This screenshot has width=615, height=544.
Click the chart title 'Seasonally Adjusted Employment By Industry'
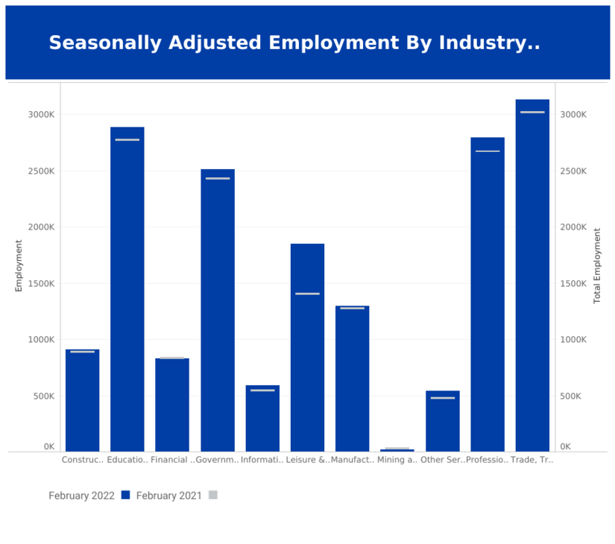294,43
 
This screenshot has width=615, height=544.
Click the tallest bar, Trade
532,275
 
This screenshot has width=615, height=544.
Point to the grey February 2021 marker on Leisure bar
307,294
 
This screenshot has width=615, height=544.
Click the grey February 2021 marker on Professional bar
488,151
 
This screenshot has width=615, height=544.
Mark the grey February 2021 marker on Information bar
262,390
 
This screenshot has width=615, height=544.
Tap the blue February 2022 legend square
125,495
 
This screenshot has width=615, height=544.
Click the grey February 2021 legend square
212,495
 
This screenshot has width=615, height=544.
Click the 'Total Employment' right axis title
596,265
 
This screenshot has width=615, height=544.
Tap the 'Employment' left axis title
19,265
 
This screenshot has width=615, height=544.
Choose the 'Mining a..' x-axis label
397,461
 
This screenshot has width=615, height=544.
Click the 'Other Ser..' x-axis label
442,461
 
